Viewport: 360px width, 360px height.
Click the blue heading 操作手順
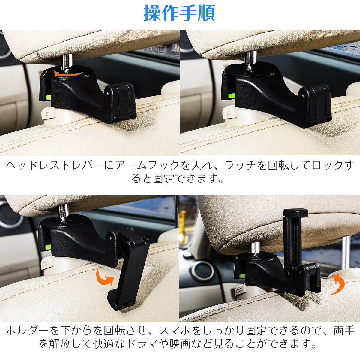[x=179, y=13]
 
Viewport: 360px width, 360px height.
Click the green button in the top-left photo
[x=48, y=97]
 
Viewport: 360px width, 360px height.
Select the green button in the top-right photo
[x=232, y=95]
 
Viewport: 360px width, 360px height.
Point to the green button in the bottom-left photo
[x=48, y=247]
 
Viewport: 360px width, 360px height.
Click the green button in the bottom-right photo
[x=242, y=276]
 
